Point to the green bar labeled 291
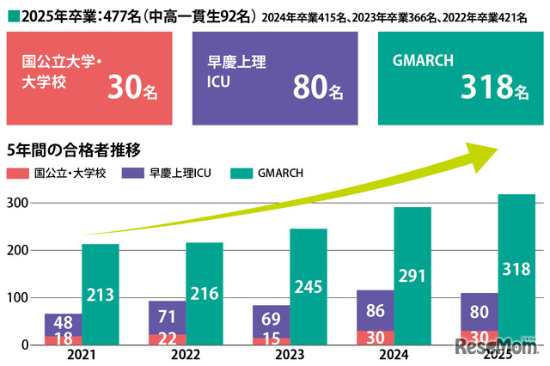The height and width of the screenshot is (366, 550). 412,276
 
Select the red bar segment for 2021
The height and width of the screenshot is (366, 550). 63,340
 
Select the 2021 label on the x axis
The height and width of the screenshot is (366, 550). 82,354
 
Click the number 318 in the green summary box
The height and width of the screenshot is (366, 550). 487,87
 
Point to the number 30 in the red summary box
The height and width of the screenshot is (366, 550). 126,87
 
